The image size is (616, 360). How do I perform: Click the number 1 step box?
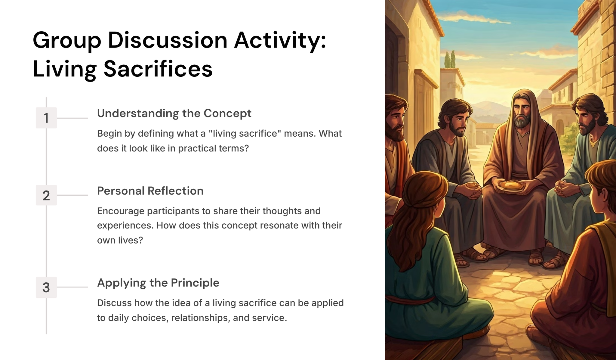click(x=46, y=118)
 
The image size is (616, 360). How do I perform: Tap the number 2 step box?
click(x=46, y=195)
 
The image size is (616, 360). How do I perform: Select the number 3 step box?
click(x=46, y=287)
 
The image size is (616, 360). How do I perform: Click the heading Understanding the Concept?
click(x=174, y=113)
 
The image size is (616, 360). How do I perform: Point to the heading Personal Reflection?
click(x=150, y=191)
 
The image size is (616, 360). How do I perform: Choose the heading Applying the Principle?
click(x=158, y=283)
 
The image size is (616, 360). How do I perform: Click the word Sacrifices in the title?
click(x=158, y=69)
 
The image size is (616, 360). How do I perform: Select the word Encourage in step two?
click(x=121, y=211)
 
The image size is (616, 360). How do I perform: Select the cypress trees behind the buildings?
click(x=450, y=59)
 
